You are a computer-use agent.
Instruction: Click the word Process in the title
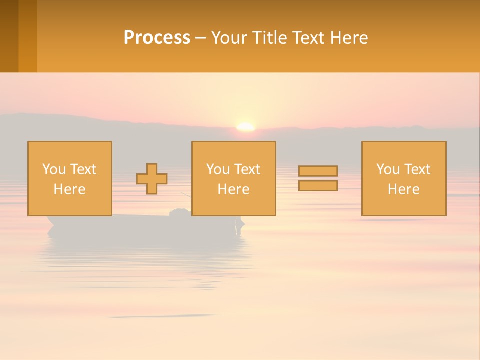pyautogui.click(x=157, y=38)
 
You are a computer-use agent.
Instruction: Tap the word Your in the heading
pyautogui.click(x=229, y=38)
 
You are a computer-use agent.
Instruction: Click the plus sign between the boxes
pyautogui.click(x=152, y=179)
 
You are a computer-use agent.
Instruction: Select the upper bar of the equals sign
pyautogui.click(x=318, y=171)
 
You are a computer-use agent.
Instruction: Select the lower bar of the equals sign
pyautogui.click(x=318, y=186)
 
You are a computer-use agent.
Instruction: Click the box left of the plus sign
pyautogui.click(x=70, y=178)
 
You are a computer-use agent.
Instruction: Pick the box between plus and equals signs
pyautogui.click(x=233, y=178)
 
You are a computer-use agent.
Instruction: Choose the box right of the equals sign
pyautogui.click(x=404, y=178)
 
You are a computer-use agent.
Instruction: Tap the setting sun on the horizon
pyautogui.click(x=245, y=127)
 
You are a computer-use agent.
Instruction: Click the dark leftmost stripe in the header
pyautogui.click(x=9, y=36)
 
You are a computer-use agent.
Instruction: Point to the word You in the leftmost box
pyautogui.click(x=53, y=169)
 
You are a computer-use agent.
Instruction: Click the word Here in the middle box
pyautogui.click(x=233, y=189)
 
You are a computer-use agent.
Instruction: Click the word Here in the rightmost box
pyautogui.click(x=404, y=189)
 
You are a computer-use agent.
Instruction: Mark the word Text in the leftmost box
pyautogui.click(x=83, y=169)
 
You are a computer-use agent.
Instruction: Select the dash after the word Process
pyautogui.click(x=200, y=38)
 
